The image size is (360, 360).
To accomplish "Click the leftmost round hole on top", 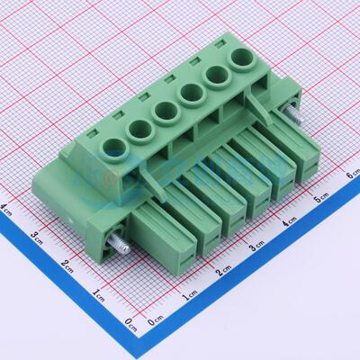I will tap(114, 148).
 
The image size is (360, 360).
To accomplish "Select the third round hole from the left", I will tap(165, 111).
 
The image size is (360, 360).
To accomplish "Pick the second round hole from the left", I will tap(139, 129).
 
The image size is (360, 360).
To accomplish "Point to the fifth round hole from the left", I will tap(216, 78).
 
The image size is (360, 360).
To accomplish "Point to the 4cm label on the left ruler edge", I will tap(7, 209).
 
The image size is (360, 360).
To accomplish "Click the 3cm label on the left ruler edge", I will tap(37, 237).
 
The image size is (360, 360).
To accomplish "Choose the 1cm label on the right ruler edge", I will tap(189, 296).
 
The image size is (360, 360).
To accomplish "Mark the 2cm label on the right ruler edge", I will tap(223, 271).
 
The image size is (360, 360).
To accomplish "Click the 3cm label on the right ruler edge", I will tap(256, 246).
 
